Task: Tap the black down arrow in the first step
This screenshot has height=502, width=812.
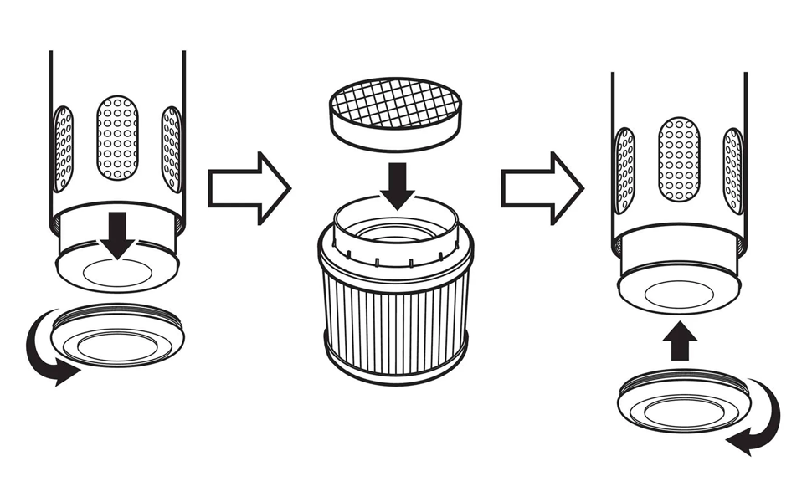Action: click(117, 234)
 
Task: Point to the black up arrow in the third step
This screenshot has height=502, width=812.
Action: click(680, 341)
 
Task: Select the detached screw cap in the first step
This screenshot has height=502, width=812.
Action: click(117, 335)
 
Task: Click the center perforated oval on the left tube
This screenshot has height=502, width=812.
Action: click(117, 138)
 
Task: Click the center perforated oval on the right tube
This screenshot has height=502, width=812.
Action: click(679, 159)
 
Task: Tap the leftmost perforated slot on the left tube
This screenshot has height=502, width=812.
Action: click(63, 148)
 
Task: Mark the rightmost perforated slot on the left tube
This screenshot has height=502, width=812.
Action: click(172, 148)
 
